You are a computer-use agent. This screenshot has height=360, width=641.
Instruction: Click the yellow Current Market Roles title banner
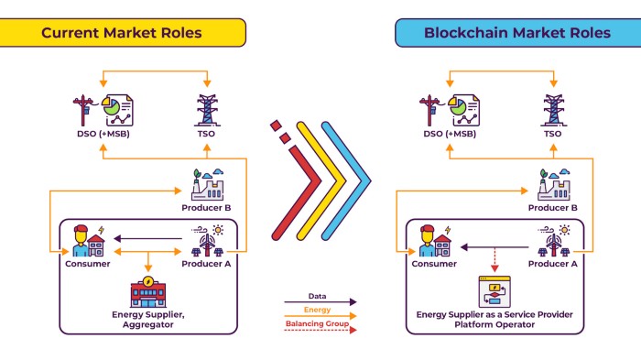pos(122,32)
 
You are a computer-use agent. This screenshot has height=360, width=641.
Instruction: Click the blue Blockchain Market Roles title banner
pos(516,32)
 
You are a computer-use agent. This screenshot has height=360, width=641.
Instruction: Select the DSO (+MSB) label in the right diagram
pos(450,134)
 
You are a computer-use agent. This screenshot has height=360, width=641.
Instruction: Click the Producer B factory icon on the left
pos(206,183)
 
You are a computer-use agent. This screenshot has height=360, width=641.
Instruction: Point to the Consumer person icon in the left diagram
pos(81,241)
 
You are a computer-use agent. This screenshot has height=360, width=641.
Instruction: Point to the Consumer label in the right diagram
pos(434,264)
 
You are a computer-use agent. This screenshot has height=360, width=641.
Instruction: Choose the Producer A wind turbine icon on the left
pos(206,244)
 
